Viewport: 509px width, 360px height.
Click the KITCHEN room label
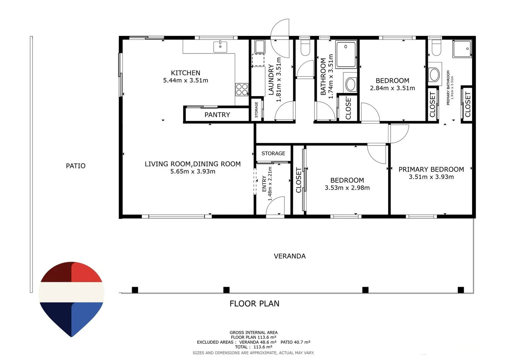pos(186,73)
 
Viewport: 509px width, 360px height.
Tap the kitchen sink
pos(220,47)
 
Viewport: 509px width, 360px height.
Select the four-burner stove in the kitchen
pos(242,89)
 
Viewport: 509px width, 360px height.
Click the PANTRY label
pos(217,115)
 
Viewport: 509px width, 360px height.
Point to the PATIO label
pos(76,166)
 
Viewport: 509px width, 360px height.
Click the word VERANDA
pos(289,256)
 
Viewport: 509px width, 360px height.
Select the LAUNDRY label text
pos(271,79)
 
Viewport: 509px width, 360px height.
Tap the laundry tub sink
pos(259,47)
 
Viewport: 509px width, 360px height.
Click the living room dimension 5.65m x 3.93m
pos(193,171)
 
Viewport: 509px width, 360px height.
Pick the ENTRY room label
pos(264,184)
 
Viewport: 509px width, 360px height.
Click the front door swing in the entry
pos(275,205)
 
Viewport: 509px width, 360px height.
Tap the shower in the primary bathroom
pos(462,49)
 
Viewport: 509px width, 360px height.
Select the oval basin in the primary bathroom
pos(435,75)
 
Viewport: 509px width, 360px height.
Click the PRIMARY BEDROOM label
pos(431,169)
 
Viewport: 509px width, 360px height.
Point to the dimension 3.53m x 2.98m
pos(347,188)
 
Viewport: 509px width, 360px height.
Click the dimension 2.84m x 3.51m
pos(392,88)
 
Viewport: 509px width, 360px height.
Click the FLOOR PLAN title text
pos(254,304)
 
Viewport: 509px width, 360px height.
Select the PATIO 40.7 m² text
pos(295,342)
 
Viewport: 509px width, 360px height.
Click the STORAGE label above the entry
pos(273,154)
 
